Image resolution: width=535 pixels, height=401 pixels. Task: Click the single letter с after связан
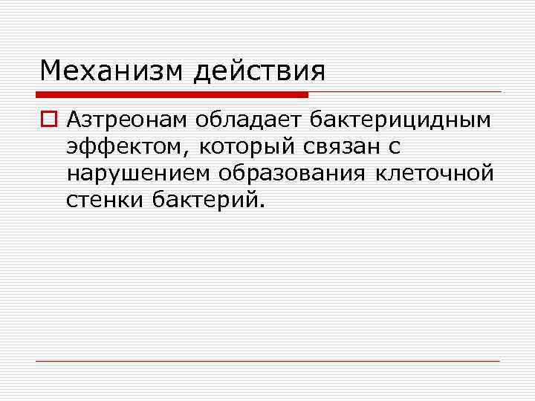point(395,148)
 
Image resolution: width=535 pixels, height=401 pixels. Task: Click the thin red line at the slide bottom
point(267,361)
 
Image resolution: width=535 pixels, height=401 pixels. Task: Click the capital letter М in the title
point(51,71)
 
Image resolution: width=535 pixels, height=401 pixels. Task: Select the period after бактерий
point(261,206)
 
